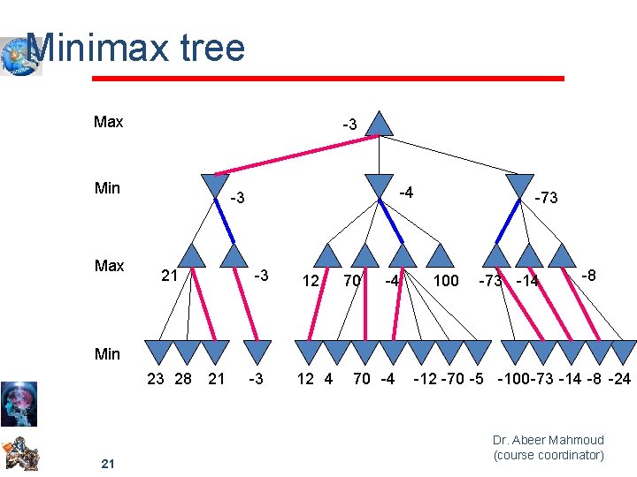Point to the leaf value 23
tap(156, 380)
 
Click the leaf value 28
tap(183, 380)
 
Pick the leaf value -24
tap(620, 380)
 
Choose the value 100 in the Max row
tap(446, 281)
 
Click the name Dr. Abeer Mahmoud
tap(548, 440)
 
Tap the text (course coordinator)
tap(549, 456)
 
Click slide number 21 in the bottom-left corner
tap(107, 465)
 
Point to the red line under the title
tap(328, 79)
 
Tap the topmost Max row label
tap(108, 122)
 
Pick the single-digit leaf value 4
tap(329, 380)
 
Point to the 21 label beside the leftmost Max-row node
tap(170, 276)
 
